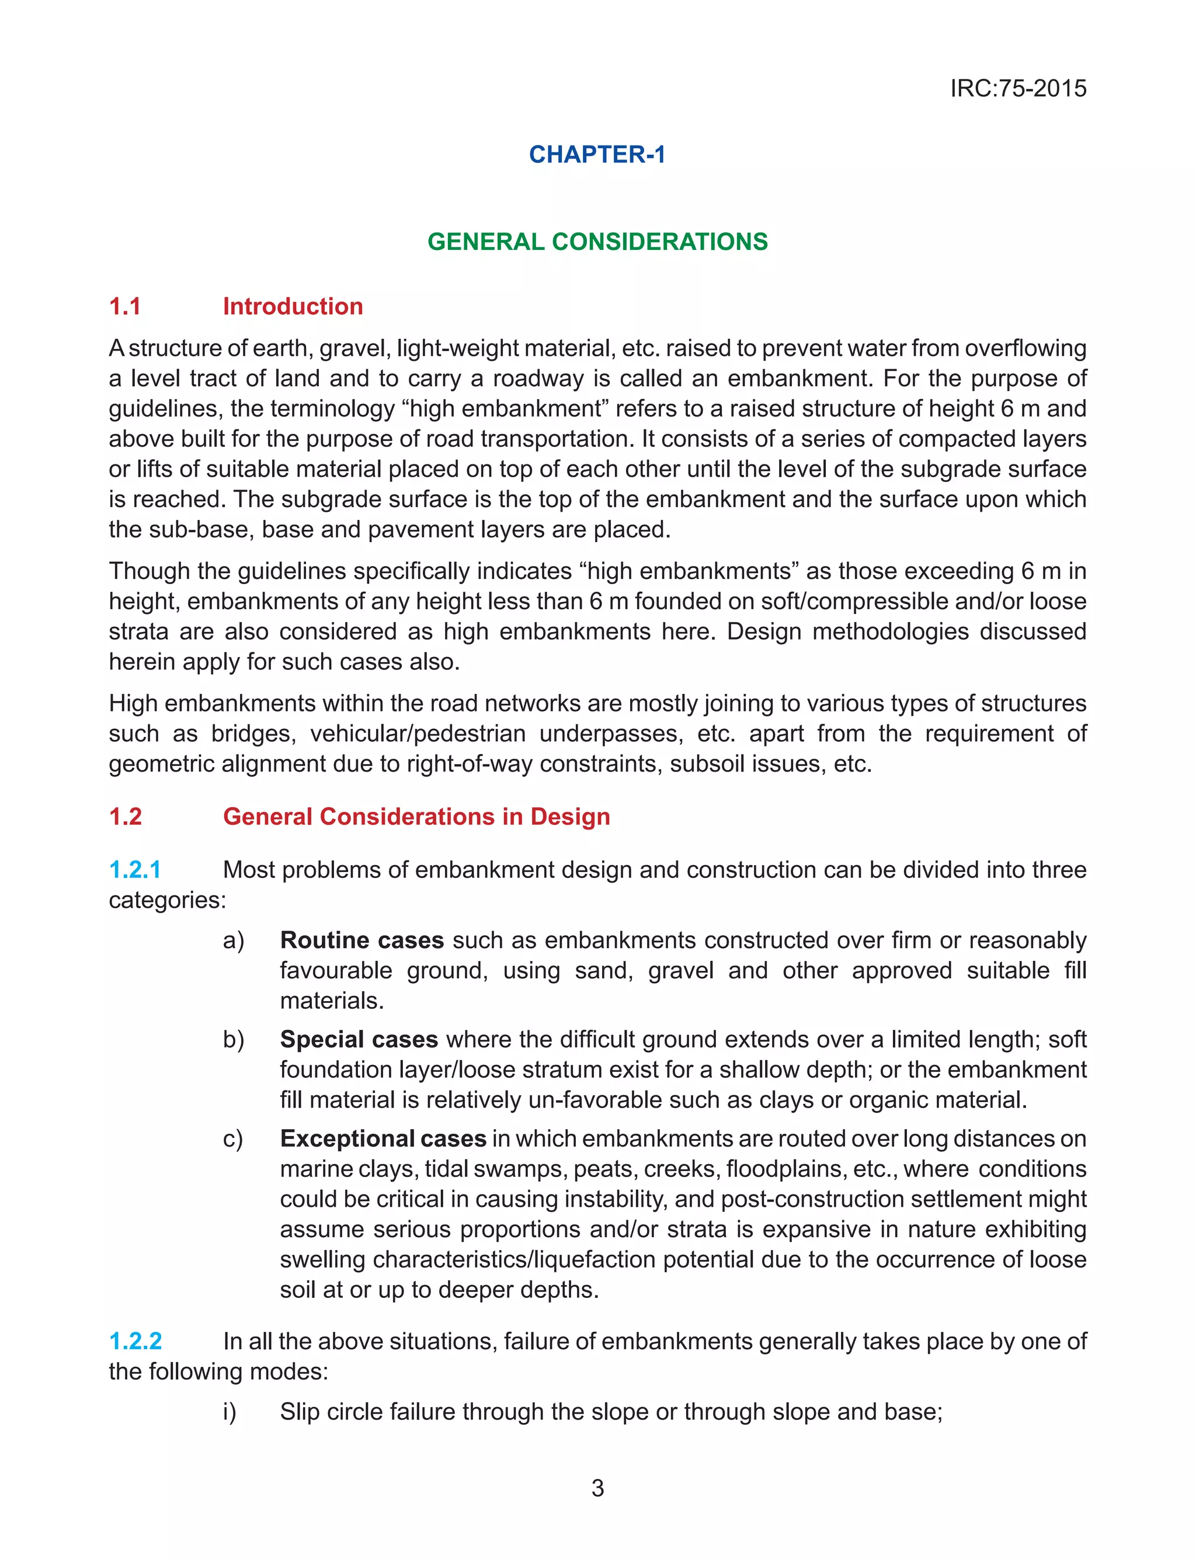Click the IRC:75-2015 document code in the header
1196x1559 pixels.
point(1018,88)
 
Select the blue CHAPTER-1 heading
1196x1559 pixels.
point(597,154)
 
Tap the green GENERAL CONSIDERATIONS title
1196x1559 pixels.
point(597,241)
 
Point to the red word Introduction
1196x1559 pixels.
point(293,306)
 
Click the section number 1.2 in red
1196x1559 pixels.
point(126,816)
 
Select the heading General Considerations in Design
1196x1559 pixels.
point(416,816)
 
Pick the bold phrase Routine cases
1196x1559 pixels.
point(361,940)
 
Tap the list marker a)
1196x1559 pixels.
point(234,940)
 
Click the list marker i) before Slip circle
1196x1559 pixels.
point(230,1411)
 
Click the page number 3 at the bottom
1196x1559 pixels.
point(597,1488)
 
